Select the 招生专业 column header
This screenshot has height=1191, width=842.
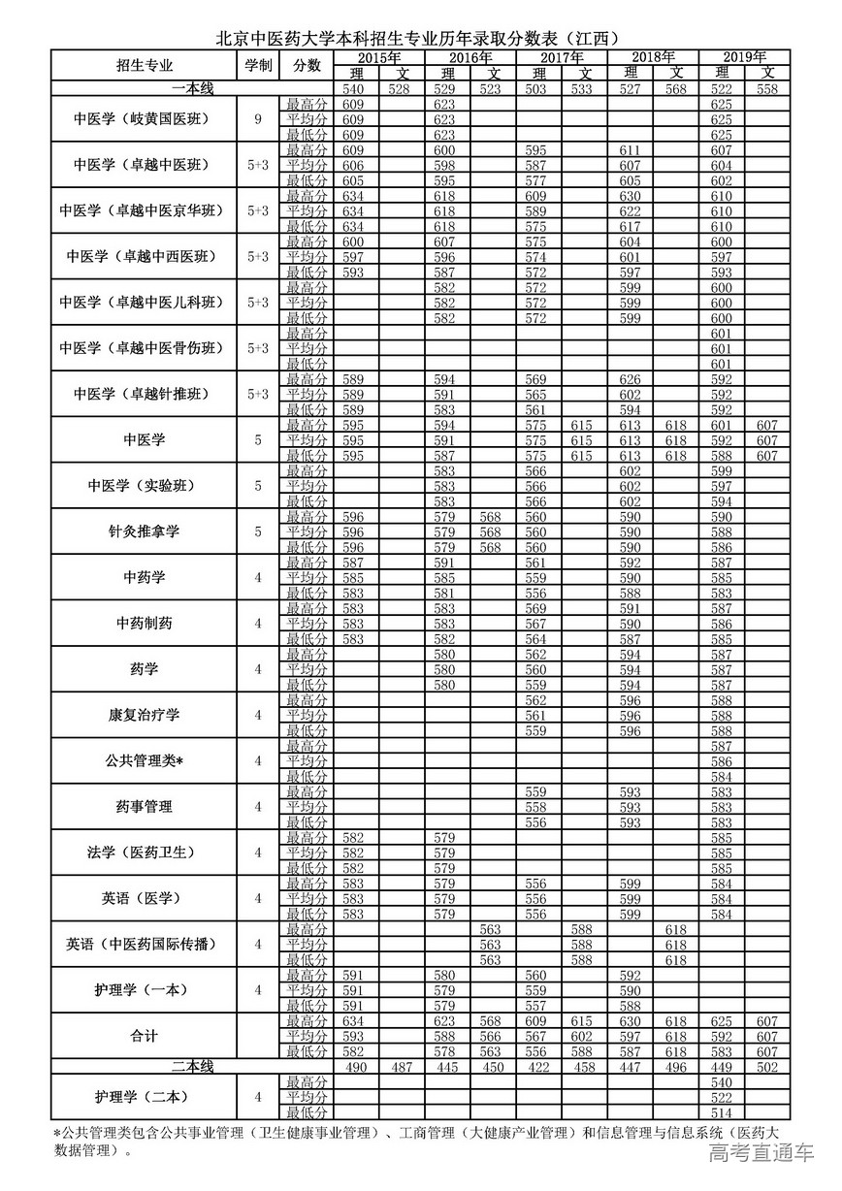(145, 66)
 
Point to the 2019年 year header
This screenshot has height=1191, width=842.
(745, 57)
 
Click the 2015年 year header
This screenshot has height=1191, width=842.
(379, 57)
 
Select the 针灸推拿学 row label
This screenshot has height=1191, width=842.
(145, 531)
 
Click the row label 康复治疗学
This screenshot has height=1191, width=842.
(145, 715)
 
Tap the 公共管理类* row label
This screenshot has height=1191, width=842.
(145, 760)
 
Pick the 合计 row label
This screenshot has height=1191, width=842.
(145, 1036)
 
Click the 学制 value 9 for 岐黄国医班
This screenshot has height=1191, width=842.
(258, 119)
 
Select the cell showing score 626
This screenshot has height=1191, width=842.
(631, 379)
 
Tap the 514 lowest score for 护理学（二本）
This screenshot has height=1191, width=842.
(722, 1112)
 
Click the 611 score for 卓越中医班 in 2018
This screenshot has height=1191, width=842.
(631, 150)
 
